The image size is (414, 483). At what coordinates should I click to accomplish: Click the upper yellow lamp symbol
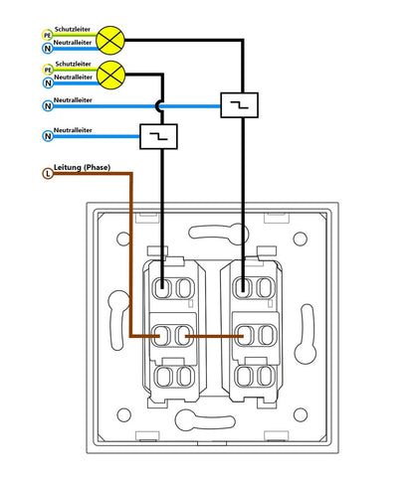point(110,41)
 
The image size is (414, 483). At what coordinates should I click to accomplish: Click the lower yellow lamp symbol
point(111,75)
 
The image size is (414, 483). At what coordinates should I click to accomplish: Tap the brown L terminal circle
point(48,173)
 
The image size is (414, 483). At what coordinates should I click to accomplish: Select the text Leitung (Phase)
point(82,167)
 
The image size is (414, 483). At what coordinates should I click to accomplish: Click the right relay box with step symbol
point(239,105)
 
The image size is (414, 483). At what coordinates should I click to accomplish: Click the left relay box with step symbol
point(158,136)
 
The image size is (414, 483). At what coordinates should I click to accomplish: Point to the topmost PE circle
point(47,35)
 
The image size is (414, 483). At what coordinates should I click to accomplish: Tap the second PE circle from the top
point(48,70)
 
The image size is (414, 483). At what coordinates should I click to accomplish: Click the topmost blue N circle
point(48,49)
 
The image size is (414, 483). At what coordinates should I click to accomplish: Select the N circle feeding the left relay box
point(48,136)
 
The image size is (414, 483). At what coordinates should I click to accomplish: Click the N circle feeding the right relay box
point(48,106)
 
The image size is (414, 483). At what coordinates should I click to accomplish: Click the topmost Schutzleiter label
point(73,29)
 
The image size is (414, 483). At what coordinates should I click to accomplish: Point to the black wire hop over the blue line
point(158,106)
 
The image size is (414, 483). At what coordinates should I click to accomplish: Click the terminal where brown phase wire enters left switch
point(161,336)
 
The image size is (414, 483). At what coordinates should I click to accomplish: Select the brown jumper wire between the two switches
point(214,336)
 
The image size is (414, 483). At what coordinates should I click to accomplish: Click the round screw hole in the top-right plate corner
point(301,239)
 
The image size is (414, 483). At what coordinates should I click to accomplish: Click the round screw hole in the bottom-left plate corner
point(124,415)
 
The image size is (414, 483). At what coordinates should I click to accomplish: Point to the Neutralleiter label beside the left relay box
point(73,130)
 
